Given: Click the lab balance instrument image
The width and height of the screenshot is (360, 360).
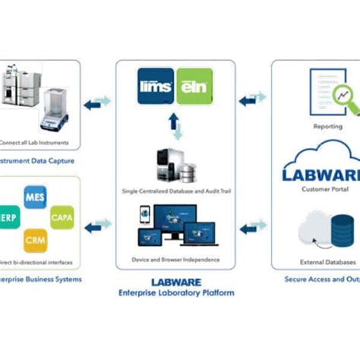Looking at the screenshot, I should [52, 99].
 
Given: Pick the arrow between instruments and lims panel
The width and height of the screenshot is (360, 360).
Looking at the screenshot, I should [97, 101].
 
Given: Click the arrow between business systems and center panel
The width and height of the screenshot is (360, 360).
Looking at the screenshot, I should [97, 225].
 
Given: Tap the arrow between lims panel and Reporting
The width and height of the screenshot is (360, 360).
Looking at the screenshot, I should [253, 99].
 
